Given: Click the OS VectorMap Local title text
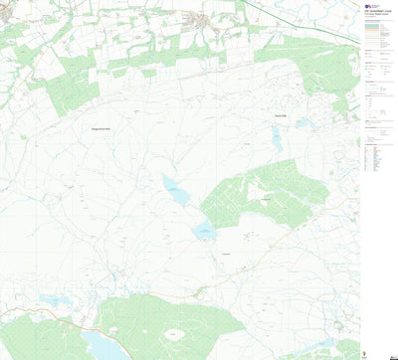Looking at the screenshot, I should [x=374, y=11].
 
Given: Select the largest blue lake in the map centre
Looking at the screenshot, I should [x=176, y=190].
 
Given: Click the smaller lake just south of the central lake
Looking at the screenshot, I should [x=205, y=231].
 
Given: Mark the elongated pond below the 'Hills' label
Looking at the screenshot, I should [x=277, y=140].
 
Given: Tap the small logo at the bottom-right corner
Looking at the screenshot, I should [x=374, y=351].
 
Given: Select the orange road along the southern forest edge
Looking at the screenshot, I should [x=199, y=289].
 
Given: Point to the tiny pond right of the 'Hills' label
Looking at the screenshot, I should [x=303, y=123].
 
